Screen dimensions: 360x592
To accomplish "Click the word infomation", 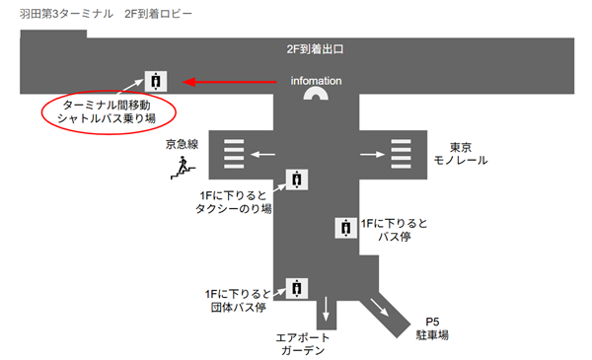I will tap(316, 80).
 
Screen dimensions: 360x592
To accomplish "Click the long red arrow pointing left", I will tap(232, 82).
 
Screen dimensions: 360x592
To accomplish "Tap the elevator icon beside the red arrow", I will tap(155, 82).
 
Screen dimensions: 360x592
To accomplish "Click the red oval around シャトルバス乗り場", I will tap(108, 110).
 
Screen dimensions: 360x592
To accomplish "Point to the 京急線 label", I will tap(182, 146).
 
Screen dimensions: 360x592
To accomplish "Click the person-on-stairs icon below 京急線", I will tap(180, 170).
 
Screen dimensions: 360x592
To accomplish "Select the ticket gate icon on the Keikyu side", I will tap(233, 154).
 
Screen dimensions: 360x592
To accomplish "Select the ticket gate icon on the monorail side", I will tap(402, 154).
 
